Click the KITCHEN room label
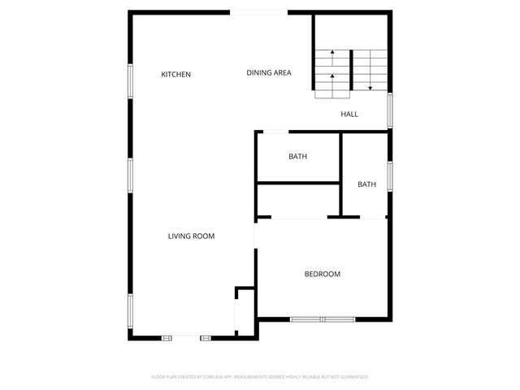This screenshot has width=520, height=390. point(175,75)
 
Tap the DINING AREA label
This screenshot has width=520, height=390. point(269,73)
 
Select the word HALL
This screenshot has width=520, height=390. point(349,115)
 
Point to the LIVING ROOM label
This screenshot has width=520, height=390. point(191,236)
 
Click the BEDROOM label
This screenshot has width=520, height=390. point(323,275)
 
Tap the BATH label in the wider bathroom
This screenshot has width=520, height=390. point(297,157)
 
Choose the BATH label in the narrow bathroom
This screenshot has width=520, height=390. point(367,184)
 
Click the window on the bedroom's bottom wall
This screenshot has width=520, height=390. point(323,319)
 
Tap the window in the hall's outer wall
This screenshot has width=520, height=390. point(390,110)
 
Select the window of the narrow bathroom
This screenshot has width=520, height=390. point(390,175)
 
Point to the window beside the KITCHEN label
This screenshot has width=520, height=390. point(130,81)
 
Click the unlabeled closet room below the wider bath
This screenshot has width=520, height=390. point(297,201)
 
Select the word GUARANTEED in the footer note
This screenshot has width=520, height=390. point(352,377)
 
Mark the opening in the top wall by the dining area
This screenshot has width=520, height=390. point(260,12)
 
